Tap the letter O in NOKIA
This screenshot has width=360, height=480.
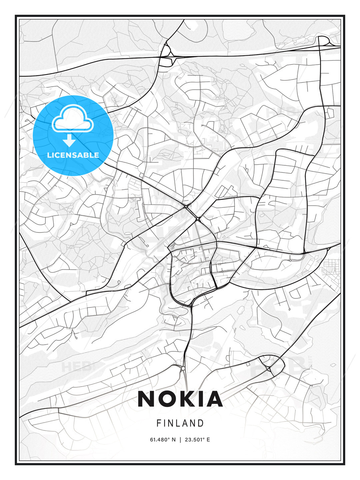[168, 399]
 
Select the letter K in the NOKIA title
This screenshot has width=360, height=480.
[188, 399]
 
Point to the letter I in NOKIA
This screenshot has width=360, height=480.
[203, 399]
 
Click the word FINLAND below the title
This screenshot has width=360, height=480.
[180, 423]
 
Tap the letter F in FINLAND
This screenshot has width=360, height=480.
[159, 423]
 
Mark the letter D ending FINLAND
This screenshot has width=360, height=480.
[201, 423]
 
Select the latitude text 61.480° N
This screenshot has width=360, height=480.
[163, 440]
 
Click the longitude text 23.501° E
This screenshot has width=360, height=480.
[197, 440]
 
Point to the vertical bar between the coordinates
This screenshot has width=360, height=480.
[180, 440]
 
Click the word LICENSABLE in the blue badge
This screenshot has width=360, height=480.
[73, 155]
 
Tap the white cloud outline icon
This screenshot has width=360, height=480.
[72, 119]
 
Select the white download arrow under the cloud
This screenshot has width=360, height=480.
[69, 140]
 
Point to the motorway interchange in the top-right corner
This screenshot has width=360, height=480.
[324, 42]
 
